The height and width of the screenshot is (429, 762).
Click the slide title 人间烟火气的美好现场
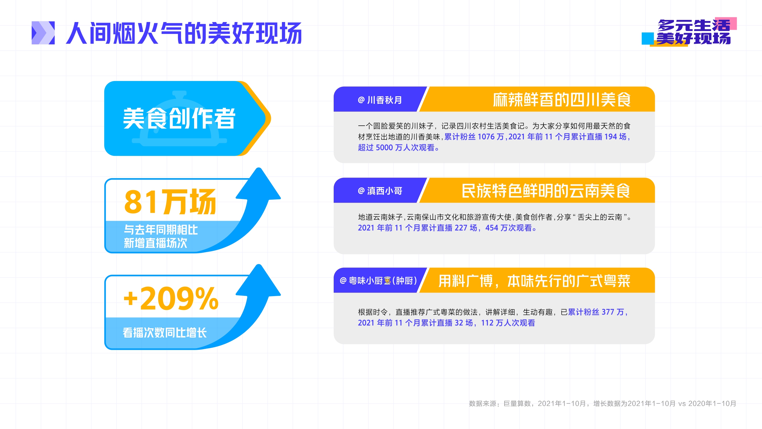click(184, 33)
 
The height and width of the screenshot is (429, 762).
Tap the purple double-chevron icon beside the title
click(43, 33)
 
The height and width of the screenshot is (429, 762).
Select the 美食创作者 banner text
click(179, 118)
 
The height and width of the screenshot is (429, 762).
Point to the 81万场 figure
click(170, 202)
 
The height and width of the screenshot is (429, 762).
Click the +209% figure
click(171, 298)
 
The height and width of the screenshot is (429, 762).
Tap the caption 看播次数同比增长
click(165, 333)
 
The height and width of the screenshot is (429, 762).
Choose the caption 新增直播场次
click(155, 243)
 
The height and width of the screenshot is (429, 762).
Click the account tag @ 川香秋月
click(380, 100)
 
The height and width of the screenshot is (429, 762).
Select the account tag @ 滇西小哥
click(380, 191)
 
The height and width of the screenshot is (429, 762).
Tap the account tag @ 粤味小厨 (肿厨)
click(378, 281)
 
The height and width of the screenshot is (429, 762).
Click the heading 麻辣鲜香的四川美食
click(562, 100)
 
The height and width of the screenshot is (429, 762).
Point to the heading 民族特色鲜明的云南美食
click(546, 191)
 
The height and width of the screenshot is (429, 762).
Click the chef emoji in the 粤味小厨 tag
click(387, 281)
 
